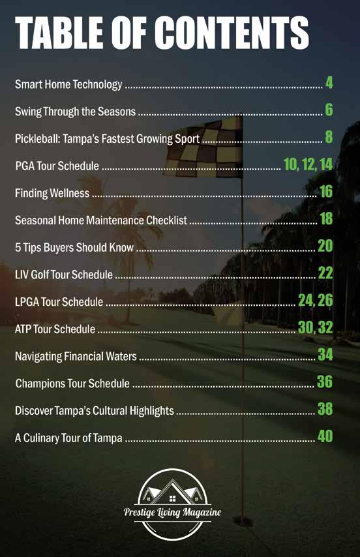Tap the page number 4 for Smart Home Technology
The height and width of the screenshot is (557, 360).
[329, 82]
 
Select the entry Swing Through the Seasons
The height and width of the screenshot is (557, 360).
[75, 112]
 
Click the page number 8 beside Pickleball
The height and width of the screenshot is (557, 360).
[329, 137]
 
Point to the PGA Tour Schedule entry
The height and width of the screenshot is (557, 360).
[57, 166]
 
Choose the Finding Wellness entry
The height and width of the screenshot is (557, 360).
[52, 193]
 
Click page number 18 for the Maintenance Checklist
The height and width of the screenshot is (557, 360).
[326, 218]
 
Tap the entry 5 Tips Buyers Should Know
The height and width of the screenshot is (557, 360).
[74, 247]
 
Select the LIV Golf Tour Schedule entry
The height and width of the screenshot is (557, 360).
[64, 275]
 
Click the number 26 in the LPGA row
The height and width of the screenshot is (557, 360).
[325, 300]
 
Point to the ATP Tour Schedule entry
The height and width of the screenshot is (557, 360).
[55, 329]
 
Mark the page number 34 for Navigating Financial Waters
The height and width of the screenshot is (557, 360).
[325, 355]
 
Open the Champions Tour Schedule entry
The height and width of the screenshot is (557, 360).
[72, 384]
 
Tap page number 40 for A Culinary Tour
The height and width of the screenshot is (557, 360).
[325, 436]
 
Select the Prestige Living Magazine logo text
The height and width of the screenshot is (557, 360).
[172, 512]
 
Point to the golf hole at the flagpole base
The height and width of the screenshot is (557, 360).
[243, 522]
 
